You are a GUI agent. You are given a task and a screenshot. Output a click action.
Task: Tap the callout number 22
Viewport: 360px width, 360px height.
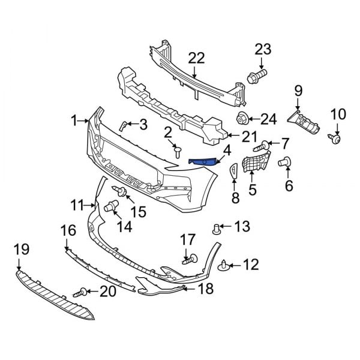point(196,58)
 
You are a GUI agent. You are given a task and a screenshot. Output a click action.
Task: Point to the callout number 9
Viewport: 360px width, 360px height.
point(298,91)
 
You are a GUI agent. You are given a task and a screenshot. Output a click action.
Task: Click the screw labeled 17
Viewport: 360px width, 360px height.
point(191,260)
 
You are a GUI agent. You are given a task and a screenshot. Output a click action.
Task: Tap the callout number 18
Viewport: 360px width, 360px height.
point(206,289)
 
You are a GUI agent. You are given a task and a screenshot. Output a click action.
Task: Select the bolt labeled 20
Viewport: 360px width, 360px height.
point(80,293)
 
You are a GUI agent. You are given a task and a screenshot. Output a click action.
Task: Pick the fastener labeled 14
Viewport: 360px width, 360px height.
point(110,208)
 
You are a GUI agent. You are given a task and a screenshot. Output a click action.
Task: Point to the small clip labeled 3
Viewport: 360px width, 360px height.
point(123,125)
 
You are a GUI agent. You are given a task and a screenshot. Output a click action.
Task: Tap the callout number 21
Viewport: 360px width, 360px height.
point(248,137)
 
